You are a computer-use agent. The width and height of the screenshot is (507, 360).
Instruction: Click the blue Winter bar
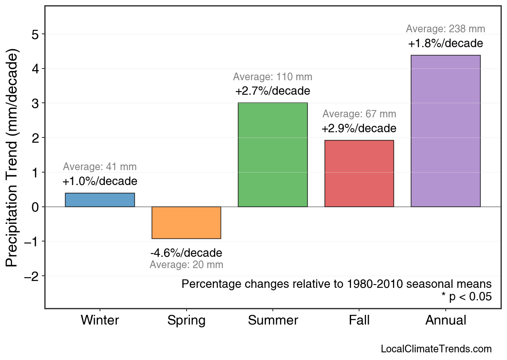[x=100, y=200]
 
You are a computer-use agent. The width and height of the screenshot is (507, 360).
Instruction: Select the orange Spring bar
[x=186, y=223]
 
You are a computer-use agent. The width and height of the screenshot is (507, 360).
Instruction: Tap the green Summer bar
[x=273, y=155]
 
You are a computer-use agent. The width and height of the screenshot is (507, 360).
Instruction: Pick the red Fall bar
[x=359, y=173]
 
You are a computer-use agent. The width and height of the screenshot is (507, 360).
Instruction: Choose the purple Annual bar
[x=445, y=131]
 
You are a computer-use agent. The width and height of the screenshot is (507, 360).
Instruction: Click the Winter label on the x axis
[x=100, y=320]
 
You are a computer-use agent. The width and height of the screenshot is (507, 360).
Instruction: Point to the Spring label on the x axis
[x=186, y=320]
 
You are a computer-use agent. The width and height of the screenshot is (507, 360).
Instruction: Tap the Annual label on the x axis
[x=445, y=320]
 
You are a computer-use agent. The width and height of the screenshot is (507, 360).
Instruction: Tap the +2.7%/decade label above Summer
[x=273, y=91]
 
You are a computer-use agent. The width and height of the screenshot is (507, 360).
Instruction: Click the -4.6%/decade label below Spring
[x=186, y=253]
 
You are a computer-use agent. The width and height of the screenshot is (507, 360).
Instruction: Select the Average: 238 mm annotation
[x=445, y=29]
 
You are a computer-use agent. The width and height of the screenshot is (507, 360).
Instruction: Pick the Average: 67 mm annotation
[x=359, y=114]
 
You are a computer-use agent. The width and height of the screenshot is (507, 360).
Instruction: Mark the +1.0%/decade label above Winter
[x=100, y=181]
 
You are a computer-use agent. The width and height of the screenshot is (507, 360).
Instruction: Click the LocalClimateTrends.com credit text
[x=436, y=349]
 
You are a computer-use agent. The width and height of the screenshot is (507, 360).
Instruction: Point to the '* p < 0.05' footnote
[x=466, y=297]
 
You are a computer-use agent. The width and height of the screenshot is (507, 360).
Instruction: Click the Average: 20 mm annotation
[x=186, y=265]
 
